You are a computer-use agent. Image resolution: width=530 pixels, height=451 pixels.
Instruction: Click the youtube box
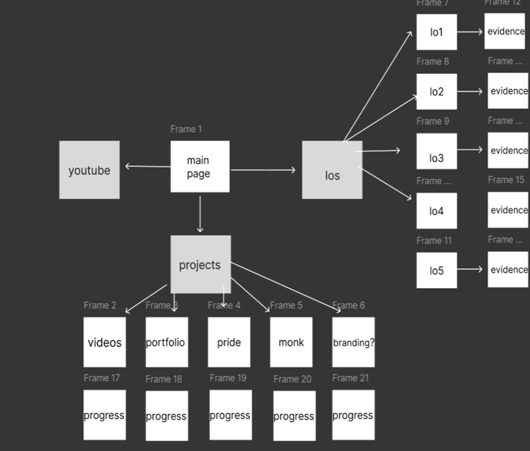click(x=89, y=170)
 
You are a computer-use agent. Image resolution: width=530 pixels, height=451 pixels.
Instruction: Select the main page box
click(x=200, y=166)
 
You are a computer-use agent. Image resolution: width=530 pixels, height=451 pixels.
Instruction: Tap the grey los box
click(x=332, y=170)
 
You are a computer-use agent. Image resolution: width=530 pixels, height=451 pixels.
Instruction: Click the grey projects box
click(x=200, y=265)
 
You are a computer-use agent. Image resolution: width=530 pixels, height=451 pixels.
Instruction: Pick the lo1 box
click(x=436, y=32)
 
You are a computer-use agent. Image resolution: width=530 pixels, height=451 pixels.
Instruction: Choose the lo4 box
click(x=436, y=211)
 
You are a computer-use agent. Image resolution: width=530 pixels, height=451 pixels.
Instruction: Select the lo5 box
click(x=436, y=270)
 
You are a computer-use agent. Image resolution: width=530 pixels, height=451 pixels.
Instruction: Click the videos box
click(x=104, y=342)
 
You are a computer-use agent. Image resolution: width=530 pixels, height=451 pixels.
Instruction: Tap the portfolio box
click(x=167, y=342)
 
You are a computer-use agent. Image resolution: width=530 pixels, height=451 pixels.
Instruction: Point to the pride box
click(x=229, y=342)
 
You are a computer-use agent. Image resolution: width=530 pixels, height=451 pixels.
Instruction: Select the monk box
click(x=291, y=342)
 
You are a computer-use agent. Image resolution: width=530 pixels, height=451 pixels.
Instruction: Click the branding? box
click(x=353, y=342)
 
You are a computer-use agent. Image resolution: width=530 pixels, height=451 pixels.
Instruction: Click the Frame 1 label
click(x=186, y=129)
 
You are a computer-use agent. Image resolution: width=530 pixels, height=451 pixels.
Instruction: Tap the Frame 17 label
click(x=101, y=378)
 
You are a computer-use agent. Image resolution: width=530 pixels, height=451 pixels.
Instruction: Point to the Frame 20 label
click(x=292, y=379)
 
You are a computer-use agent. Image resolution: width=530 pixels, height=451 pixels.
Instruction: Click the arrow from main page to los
click(x=263, y=170)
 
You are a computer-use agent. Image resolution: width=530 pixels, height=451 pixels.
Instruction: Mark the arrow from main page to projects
click(x=200, y=214)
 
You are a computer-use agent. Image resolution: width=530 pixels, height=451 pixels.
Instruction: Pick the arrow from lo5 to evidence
click(x=469, y=269)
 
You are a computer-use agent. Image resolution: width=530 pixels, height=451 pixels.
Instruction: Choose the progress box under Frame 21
click(x=353, y=415)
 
